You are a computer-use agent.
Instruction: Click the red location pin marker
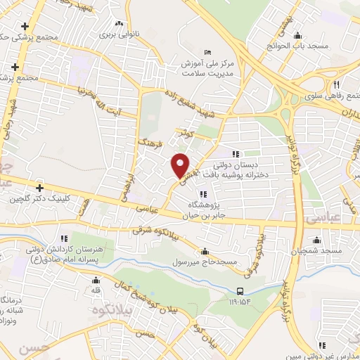[181, 165]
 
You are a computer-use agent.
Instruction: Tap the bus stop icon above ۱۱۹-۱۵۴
[240, 290]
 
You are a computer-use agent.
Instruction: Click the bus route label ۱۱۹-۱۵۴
[239, 302]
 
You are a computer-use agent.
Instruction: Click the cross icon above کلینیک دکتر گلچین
[40, 188]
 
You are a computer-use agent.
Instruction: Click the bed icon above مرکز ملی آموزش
[206, 53]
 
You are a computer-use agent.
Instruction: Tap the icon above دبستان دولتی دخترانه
[235, 154]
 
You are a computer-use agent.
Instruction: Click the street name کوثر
[186, 131]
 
